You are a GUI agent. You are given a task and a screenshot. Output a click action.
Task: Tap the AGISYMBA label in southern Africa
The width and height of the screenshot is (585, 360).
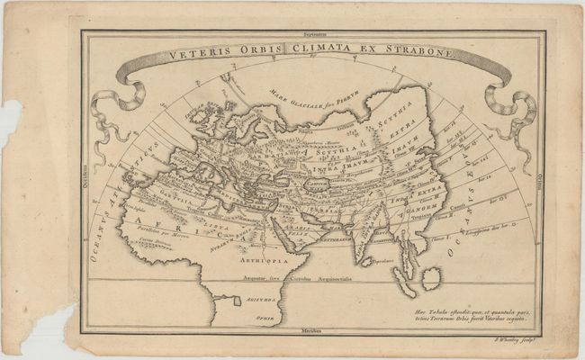256,303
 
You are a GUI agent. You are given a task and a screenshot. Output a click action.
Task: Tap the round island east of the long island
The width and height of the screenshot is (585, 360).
432,280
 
